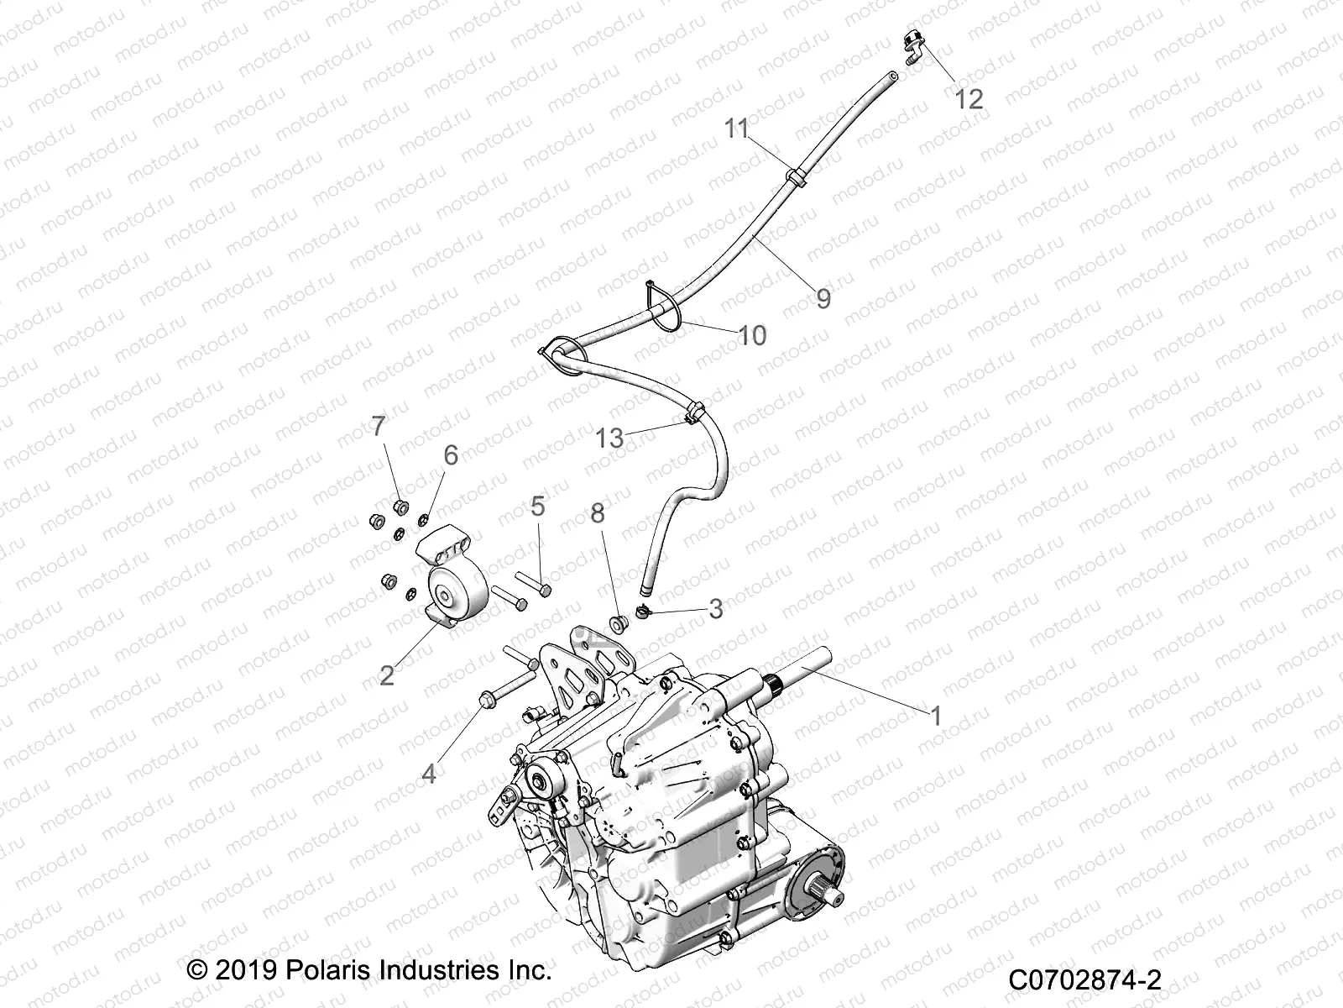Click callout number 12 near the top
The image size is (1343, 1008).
(x=969, y=99)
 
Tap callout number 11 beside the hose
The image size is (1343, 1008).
(x=736, y=129)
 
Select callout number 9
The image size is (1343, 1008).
(x=823, y=298)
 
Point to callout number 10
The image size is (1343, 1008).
(x=752, y=335)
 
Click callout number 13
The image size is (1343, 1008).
(x=610, y=438)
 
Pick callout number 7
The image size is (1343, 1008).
(x=379, y=426)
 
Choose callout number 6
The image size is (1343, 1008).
(x=451, y=455)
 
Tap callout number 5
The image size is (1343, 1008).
(x=537, y=506)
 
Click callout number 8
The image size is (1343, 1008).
(x=598, y=513)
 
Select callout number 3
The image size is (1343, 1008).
(x=715, y=608)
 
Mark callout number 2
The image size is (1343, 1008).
(x=387, y=675)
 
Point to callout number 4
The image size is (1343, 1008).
(x=429, y=773)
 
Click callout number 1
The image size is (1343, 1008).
(x=936, y=716)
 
